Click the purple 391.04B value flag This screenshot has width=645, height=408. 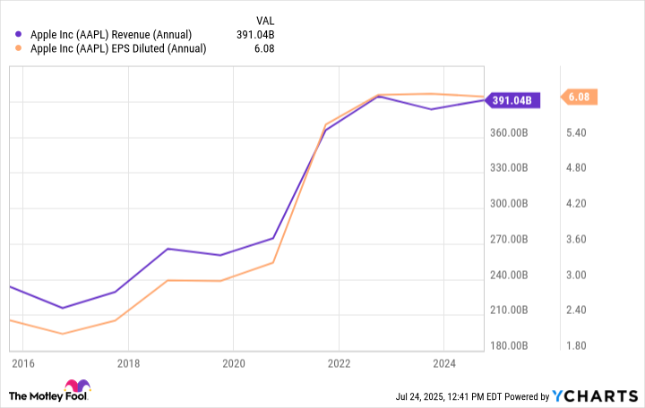[513, 100]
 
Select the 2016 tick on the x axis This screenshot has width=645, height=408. [23, 364]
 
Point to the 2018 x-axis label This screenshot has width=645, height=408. [127, 364]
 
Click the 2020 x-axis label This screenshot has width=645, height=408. [233, 364]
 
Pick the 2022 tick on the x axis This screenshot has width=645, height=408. [339, 364]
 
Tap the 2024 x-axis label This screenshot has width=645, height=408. [444, 364]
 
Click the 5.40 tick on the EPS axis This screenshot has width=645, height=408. [579, 132]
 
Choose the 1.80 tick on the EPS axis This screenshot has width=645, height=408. [579, 345]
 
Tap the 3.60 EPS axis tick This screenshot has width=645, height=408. [579, 239]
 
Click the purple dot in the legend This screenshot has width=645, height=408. [21, 35]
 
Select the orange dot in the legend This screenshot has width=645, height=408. [21, 48]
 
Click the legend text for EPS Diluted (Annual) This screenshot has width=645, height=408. [118, 48]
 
